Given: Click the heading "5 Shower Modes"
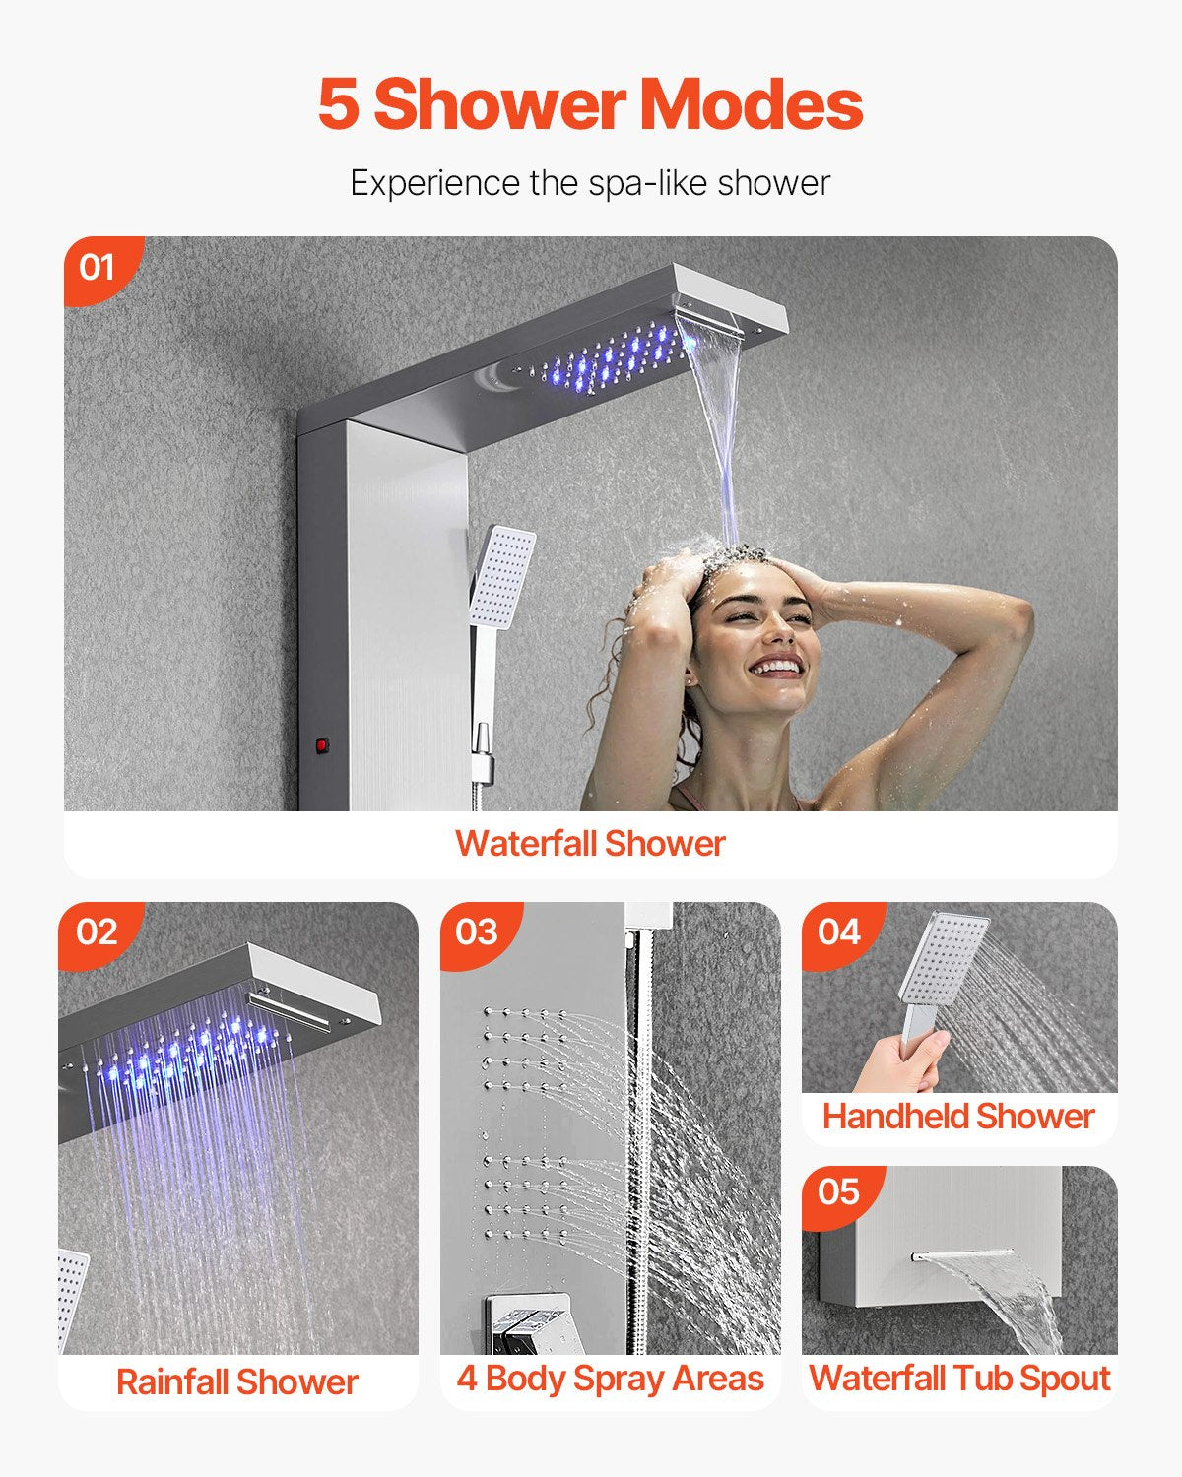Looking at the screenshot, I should (590, 104).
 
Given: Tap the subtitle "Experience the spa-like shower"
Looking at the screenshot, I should (590, 183).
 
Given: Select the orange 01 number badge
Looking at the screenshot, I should (97, 267).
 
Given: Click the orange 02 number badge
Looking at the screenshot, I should (97, 931).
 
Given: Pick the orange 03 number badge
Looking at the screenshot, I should (477, 931).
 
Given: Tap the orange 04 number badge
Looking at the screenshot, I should (839, 931).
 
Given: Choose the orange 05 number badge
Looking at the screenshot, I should (839, 1192).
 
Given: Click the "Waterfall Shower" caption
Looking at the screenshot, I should (590, 844).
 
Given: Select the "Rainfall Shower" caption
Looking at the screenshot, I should (236, 1382).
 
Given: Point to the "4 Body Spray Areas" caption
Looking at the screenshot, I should (610, 1379).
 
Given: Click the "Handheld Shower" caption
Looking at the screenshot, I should (958, 1117).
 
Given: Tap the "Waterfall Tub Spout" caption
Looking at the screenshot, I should (959, 1379).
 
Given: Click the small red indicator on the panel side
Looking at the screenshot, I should (321, 745).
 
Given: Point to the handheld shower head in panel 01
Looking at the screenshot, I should (502, 576).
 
